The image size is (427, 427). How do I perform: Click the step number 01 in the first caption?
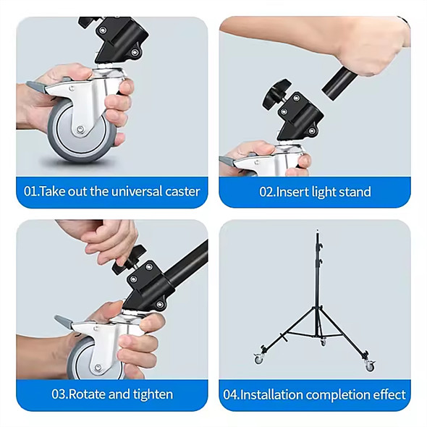(31, 192)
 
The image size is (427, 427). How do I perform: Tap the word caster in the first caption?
(180, 192)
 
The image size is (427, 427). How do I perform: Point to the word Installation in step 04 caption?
(271, 394)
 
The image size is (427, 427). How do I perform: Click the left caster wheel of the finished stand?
(258, 359)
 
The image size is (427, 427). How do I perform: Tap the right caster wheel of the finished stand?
(369, 365)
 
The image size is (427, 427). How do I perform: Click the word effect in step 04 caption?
(389, 394)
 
